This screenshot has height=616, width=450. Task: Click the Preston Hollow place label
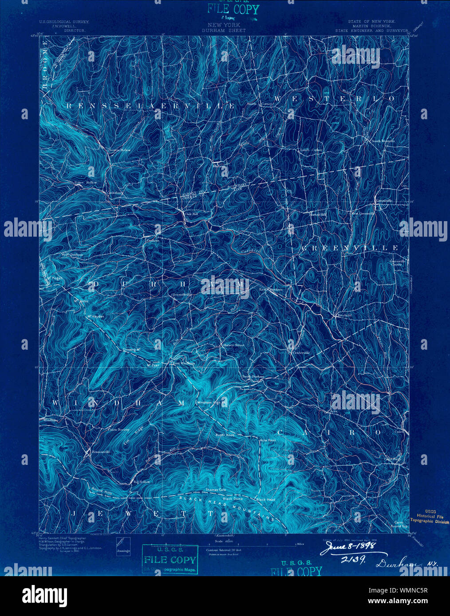(x=120, y=150)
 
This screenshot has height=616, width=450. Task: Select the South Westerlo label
(x=383, y=141)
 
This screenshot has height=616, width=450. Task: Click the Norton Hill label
(x=318, y=214)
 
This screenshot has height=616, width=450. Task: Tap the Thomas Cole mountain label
(x=216, y=490)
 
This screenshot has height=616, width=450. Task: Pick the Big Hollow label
(x=142, y=481)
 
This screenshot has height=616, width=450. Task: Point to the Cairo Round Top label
(x=399, y=525)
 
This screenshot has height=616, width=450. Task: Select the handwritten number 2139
(x=353, y=560)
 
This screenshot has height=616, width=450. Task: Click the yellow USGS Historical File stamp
(x=429, y=516)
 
